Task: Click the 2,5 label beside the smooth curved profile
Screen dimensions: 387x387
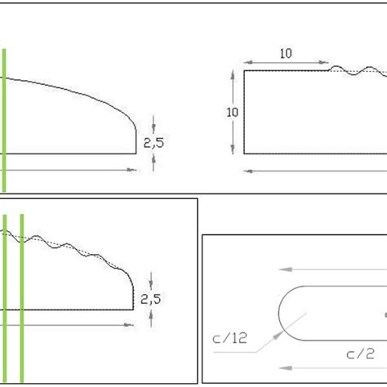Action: click(152, 142)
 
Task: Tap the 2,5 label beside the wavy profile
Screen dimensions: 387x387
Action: click(152, 299)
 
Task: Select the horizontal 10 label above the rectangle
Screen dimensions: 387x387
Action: click(286, 54)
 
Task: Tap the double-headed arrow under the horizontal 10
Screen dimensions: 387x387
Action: click(286, 63)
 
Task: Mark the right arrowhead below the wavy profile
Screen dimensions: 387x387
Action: click(131, 325)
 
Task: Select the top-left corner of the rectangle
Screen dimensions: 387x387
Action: click(245, 71)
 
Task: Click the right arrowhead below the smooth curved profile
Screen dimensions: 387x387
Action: click(132, 169)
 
